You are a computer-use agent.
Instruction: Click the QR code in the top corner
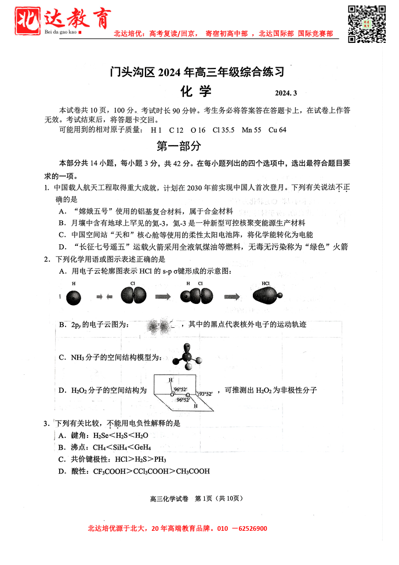pyautogui.click(x=367, y=23)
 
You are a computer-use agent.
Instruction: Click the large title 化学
pyautogui.click(x=197, y=92)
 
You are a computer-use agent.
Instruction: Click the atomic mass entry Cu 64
pyautogui.click(x=277, y=130)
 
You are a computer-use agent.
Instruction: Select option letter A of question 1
pyautogui.click(x=61, y=211)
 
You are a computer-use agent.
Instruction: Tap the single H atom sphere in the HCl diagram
pyautogui.click(x=75, y=296)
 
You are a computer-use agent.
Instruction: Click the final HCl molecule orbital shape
pyautogui.click(x=268, y=296)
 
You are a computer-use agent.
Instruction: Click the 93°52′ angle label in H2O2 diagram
pyautogui.click(x=206, y=394)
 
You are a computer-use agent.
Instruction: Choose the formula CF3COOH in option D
pyautogui.click(x=111, y=471)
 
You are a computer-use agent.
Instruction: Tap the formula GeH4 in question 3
pyautogui.click(x=143, y=447)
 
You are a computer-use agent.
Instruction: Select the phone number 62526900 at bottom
pyautogui.click(x=249, y=528)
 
